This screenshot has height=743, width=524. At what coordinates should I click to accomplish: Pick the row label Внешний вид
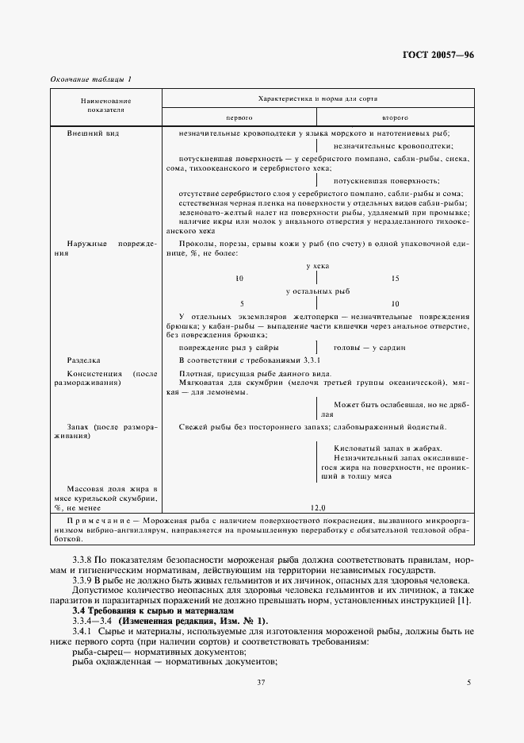click(x=93, y=133)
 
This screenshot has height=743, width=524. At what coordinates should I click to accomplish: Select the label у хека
click(x=317, y=265)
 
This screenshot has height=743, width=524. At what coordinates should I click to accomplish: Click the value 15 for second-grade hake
click(x=396, y=279)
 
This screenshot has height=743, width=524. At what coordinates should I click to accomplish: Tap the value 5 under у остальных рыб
click(x=240, y=304)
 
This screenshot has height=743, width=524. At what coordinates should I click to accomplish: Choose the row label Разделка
click(x=82, y=360)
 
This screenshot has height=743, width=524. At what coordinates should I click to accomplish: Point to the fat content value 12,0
click(x=317, y=506)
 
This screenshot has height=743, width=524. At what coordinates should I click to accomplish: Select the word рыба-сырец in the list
click(x=94, y=650)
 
